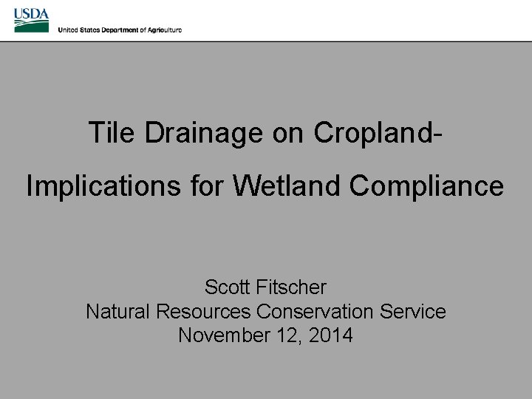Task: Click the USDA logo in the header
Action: point(31,20)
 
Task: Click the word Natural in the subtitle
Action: point(118,311)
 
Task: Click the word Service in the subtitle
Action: point(413,311)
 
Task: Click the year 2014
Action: point(331,335)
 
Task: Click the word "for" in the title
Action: point(208,186)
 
